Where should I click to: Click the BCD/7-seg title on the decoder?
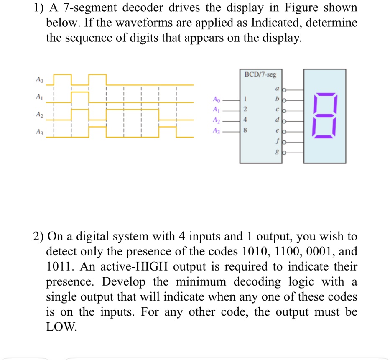tap(260, 74)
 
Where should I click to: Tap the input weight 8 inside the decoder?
tap(246, 130)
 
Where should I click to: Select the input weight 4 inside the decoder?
tap(246, 120)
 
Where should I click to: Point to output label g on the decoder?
tap(276, 153)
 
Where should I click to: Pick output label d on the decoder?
tap(276, 121)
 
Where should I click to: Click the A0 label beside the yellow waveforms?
tap(39, 79)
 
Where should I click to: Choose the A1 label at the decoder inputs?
tap(216, 110)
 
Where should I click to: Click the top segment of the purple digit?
tap(324, 94)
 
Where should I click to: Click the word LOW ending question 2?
tap(61, 327)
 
